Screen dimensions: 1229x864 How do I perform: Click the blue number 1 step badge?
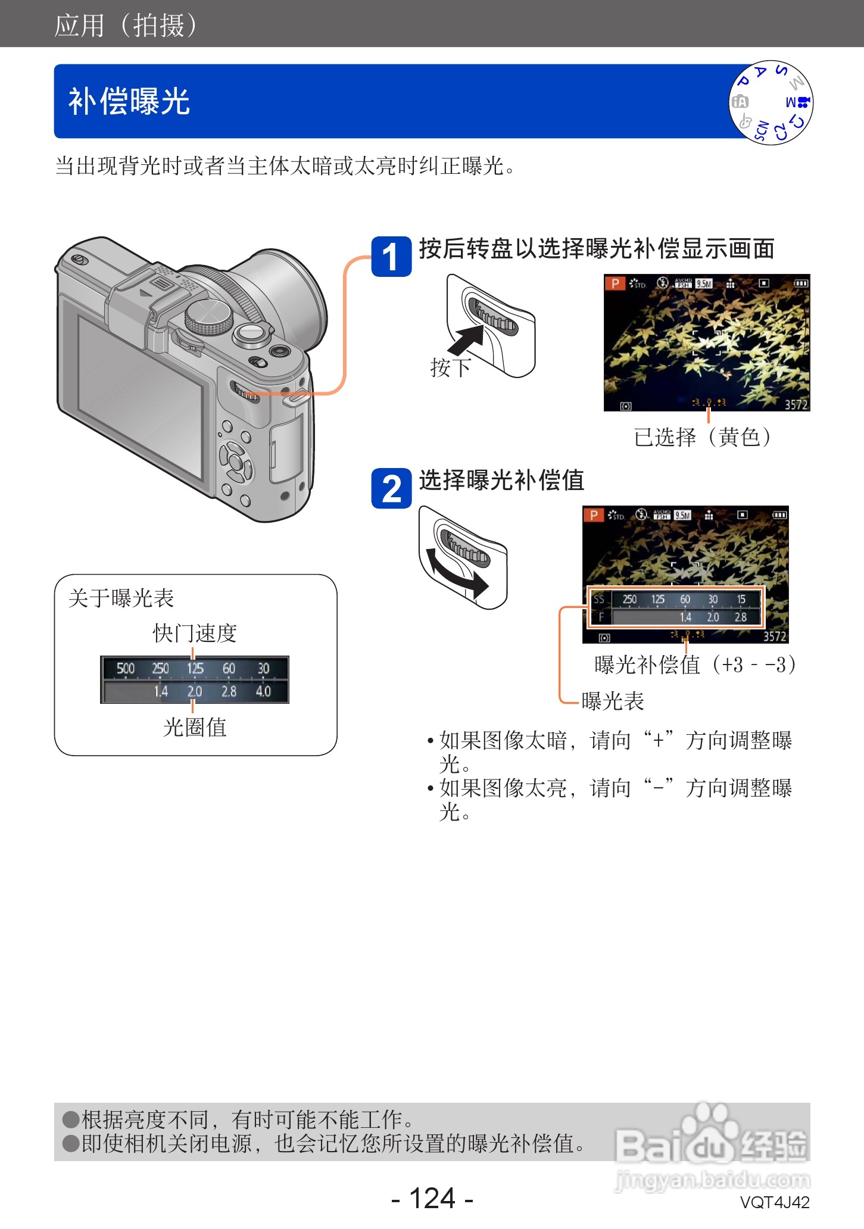[391, 257]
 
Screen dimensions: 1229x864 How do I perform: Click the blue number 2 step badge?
[391, 489]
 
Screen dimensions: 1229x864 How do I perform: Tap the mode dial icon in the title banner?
[771, 102]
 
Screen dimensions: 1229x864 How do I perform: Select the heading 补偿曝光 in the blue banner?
[129, 101]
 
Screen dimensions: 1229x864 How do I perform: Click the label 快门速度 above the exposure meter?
[195, 633]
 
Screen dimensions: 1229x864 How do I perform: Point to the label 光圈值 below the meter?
[195, 727]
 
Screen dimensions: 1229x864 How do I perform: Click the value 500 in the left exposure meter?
[126, 668]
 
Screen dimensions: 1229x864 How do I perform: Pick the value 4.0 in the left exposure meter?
[263, 691]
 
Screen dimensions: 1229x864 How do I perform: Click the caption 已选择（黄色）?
[703, 437]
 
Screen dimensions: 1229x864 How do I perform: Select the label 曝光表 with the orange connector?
[613, 701]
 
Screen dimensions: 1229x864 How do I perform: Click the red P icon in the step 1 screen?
[615, 283]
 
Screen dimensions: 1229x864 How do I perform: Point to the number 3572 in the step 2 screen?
[775, 637]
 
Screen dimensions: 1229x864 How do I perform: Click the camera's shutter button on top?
[251, 332]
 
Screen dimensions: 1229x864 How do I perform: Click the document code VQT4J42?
[775, 1202]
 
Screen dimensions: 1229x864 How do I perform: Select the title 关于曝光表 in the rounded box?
[121, 598]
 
